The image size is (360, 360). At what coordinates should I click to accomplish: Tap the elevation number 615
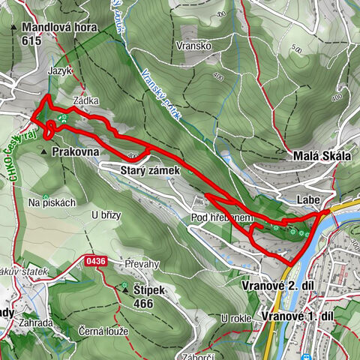click(x=32, y=43)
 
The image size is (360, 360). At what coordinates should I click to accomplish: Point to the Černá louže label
click(x=103, y=331)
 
